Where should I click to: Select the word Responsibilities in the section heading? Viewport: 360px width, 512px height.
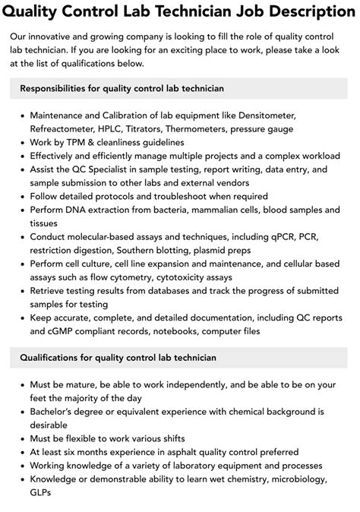(55, 88)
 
